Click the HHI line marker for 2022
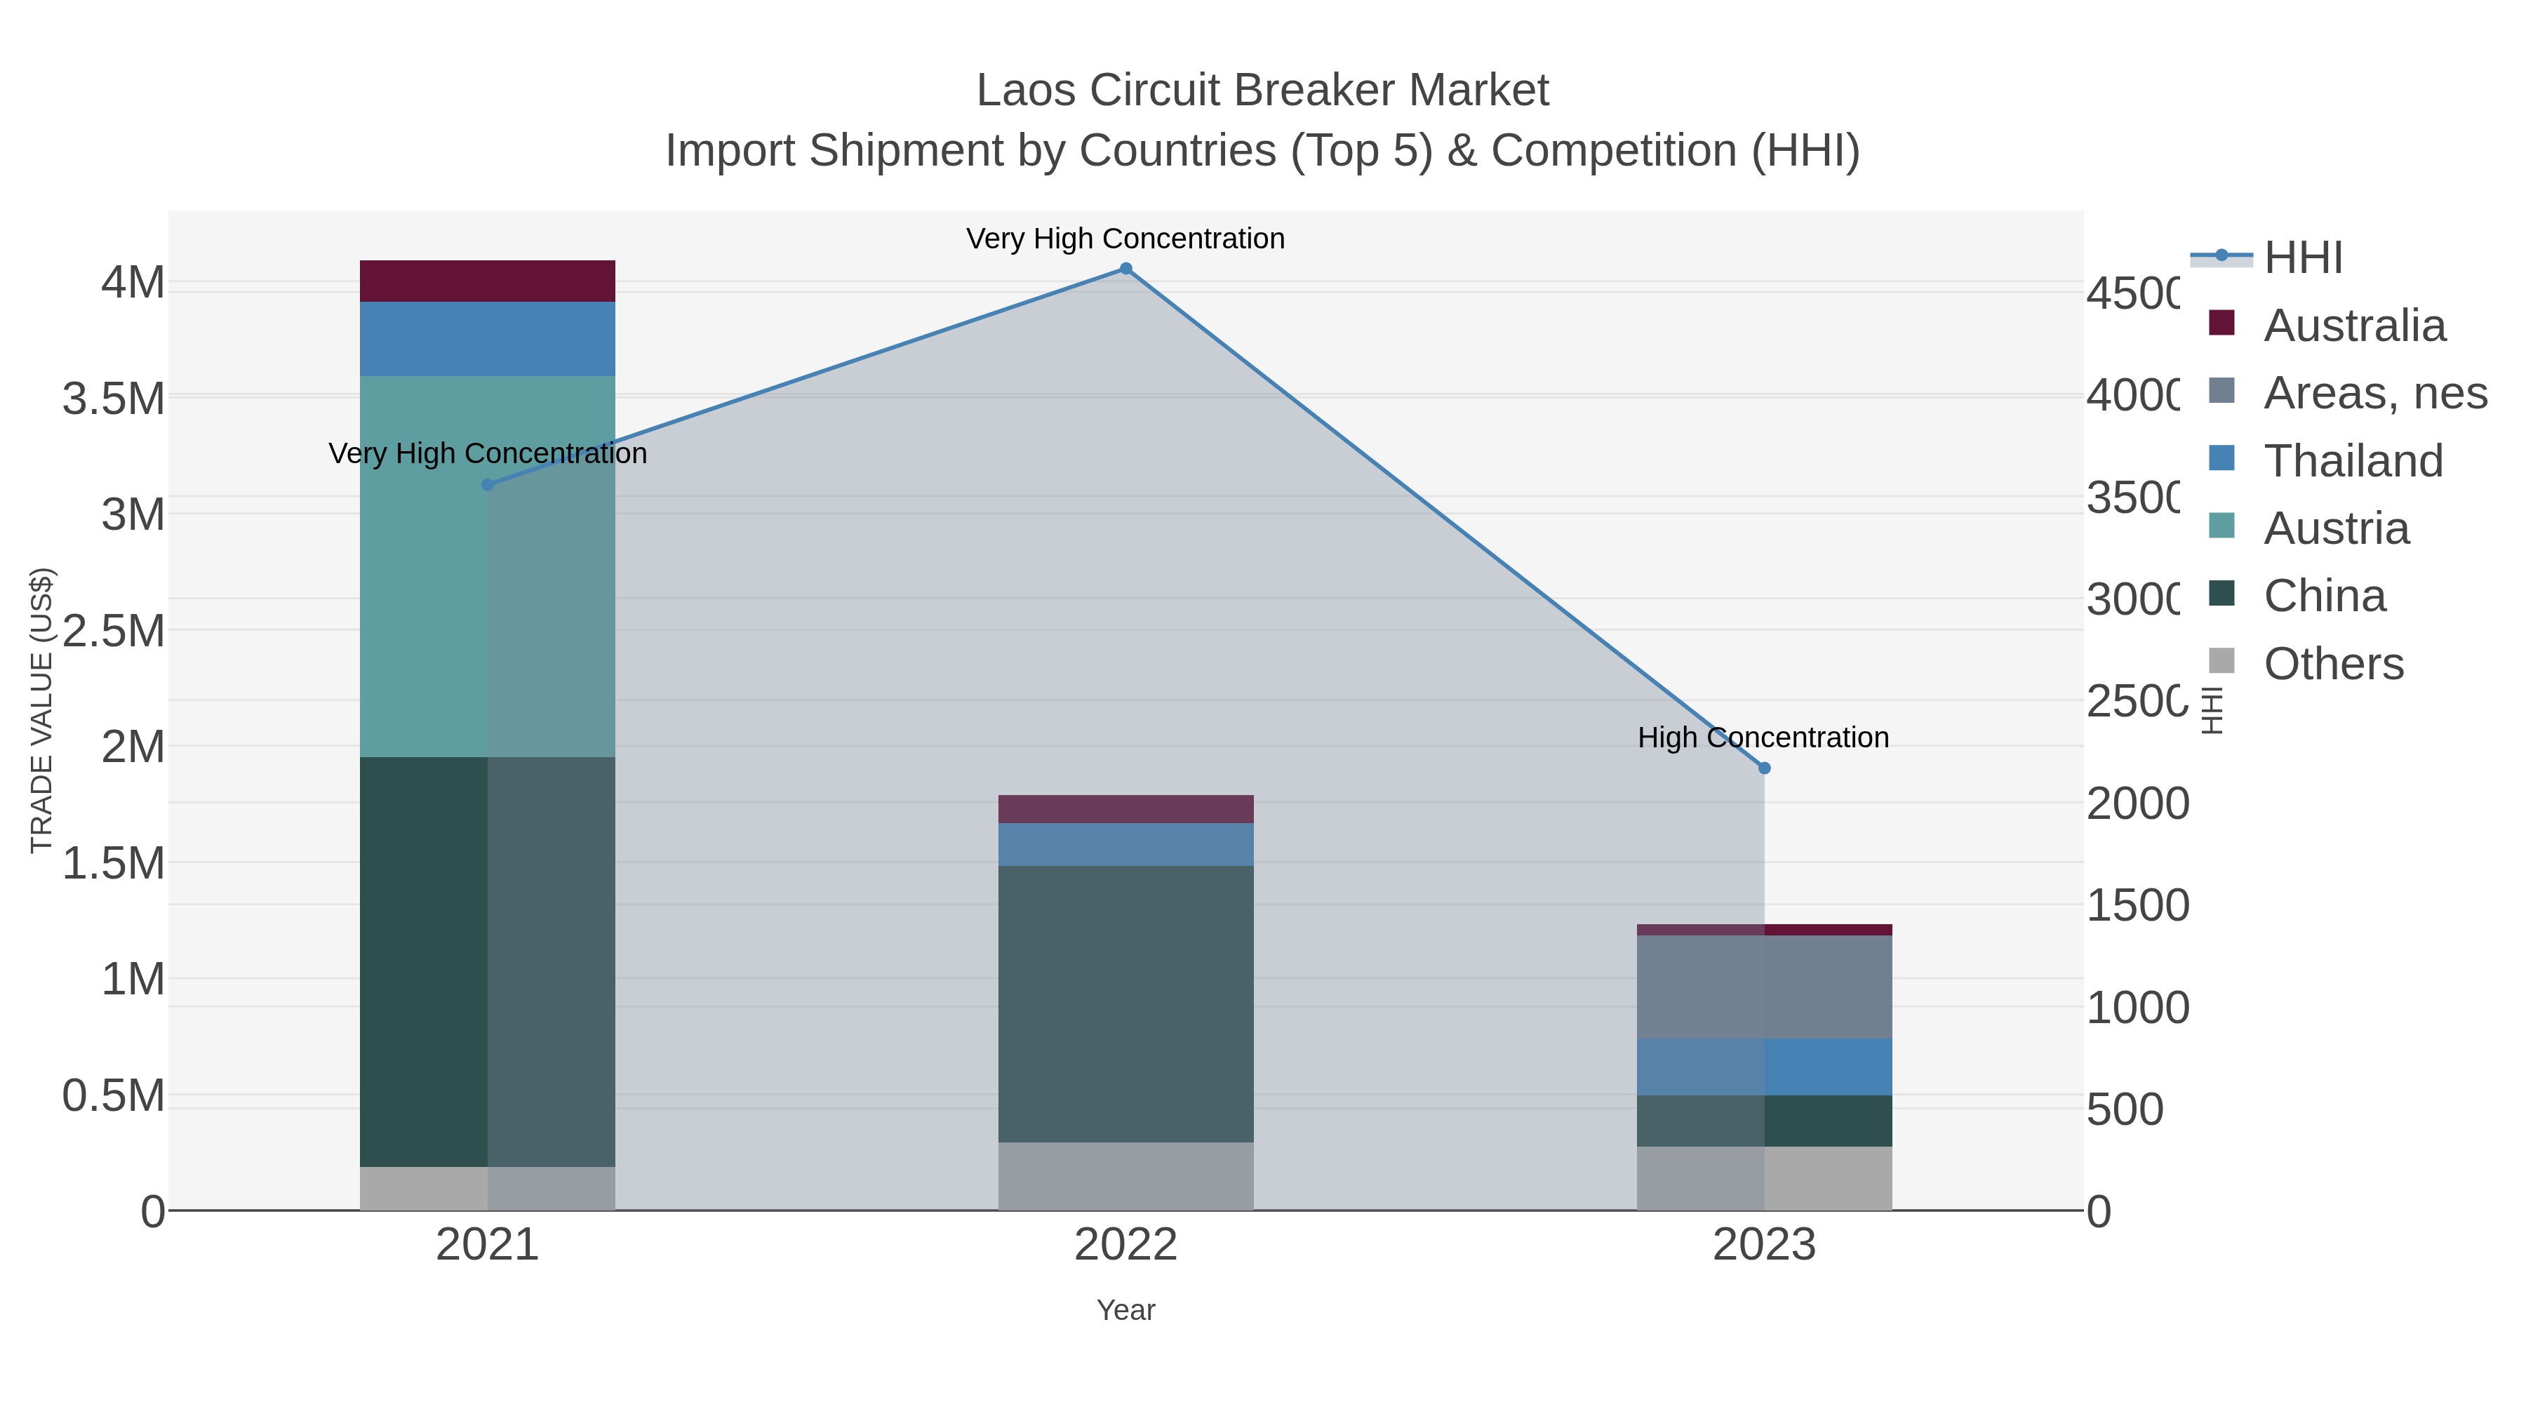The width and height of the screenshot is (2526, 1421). pyautogui.click(x=1125, y=269)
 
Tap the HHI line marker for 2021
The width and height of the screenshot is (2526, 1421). pyautogui.click(x=488, y=484)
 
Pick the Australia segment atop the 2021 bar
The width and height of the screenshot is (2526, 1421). pyautogui.click(x=488, y=281)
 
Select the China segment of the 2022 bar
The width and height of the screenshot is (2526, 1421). pyautogui.click(x=1125, y=1003)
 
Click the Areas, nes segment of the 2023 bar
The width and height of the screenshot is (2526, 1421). pyautogui.click(x=1764, y=987)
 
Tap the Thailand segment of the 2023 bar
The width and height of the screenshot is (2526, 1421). pyautogui.click(x=1764, y=1067)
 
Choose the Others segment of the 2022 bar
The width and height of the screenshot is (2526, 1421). pyautogui.click(x=1125, y=1176)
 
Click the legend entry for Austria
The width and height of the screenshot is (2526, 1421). pyautogui.click(x=2336, y=528)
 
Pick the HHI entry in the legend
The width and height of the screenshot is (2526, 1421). pyautogui.click(x=2302, y=258)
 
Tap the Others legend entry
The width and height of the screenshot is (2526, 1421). pyautogui.click(x=2333, y=664)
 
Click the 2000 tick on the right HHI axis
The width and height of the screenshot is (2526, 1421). pyautogui.click(x=2137, y=804)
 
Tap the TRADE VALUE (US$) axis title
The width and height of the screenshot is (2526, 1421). pyautogui.click(x=41, y=710)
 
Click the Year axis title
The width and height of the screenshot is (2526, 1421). pyautogui.click(x=1125, y=1310)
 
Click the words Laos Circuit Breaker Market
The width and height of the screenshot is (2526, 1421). pyautogui.click(x=1262, y=91)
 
